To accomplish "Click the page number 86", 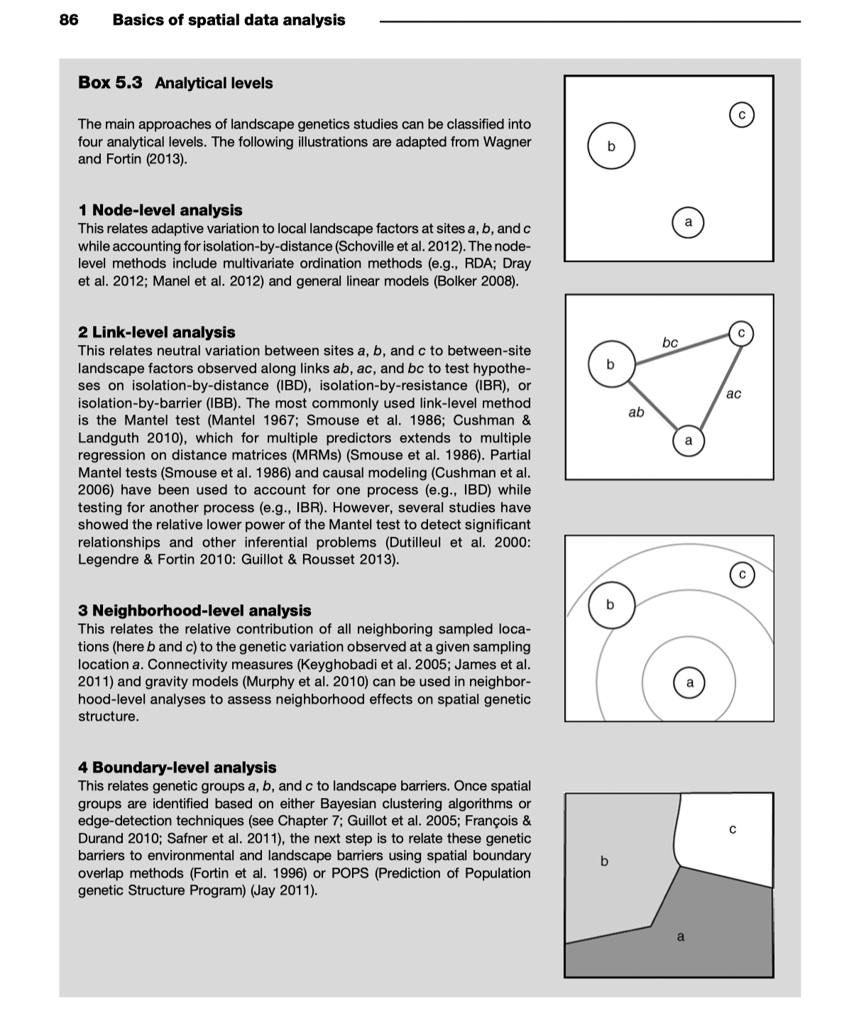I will (69, 20).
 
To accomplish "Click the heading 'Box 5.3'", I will (110, 82).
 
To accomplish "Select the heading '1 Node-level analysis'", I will (160, 210).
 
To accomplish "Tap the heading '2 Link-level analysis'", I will (156, 332).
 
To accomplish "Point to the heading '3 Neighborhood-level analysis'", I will (195, 611).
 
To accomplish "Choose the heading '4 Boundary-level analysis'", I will (177, 768).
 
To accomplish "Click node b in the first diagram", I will (610, 146).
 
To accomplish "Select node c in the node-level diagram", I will (741, 114).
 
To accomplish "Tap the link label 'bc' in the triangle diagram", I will (669, 343).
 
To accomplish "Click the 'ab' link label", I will (636, 412).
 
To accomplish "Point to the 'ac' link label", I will (733, 393).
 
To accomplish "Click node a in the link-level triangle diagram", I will (688, 441).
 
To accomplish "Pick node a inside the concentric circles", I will (689, 683).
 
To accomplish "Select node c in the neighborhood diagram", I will (742, 574).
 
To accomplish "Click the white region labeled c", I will (732, 829).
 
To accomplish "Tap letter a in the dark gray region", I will (680, 937).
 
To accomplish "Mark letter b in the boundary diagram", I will (604, 861).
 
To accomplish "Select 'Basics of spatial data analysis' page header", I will (229, 20).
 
